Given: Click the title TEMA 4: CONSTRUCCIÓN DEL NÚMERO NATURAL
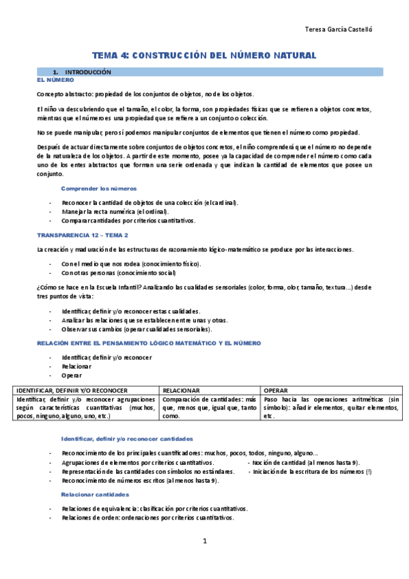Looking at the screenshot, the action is coord(204,55).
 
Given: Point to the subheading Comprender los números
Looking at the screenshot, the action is coord(99,188).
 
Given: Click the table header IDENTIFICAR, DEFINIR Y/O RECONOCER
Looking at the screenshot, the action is coord(68,390).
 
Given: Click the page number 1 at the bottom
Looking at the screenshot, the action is coord(204,541).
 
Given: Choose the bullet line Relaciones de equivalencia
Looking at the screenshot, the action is coord(154,509).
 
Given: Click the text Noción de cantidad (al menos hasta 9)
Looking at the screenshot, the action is coord(306,462).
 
